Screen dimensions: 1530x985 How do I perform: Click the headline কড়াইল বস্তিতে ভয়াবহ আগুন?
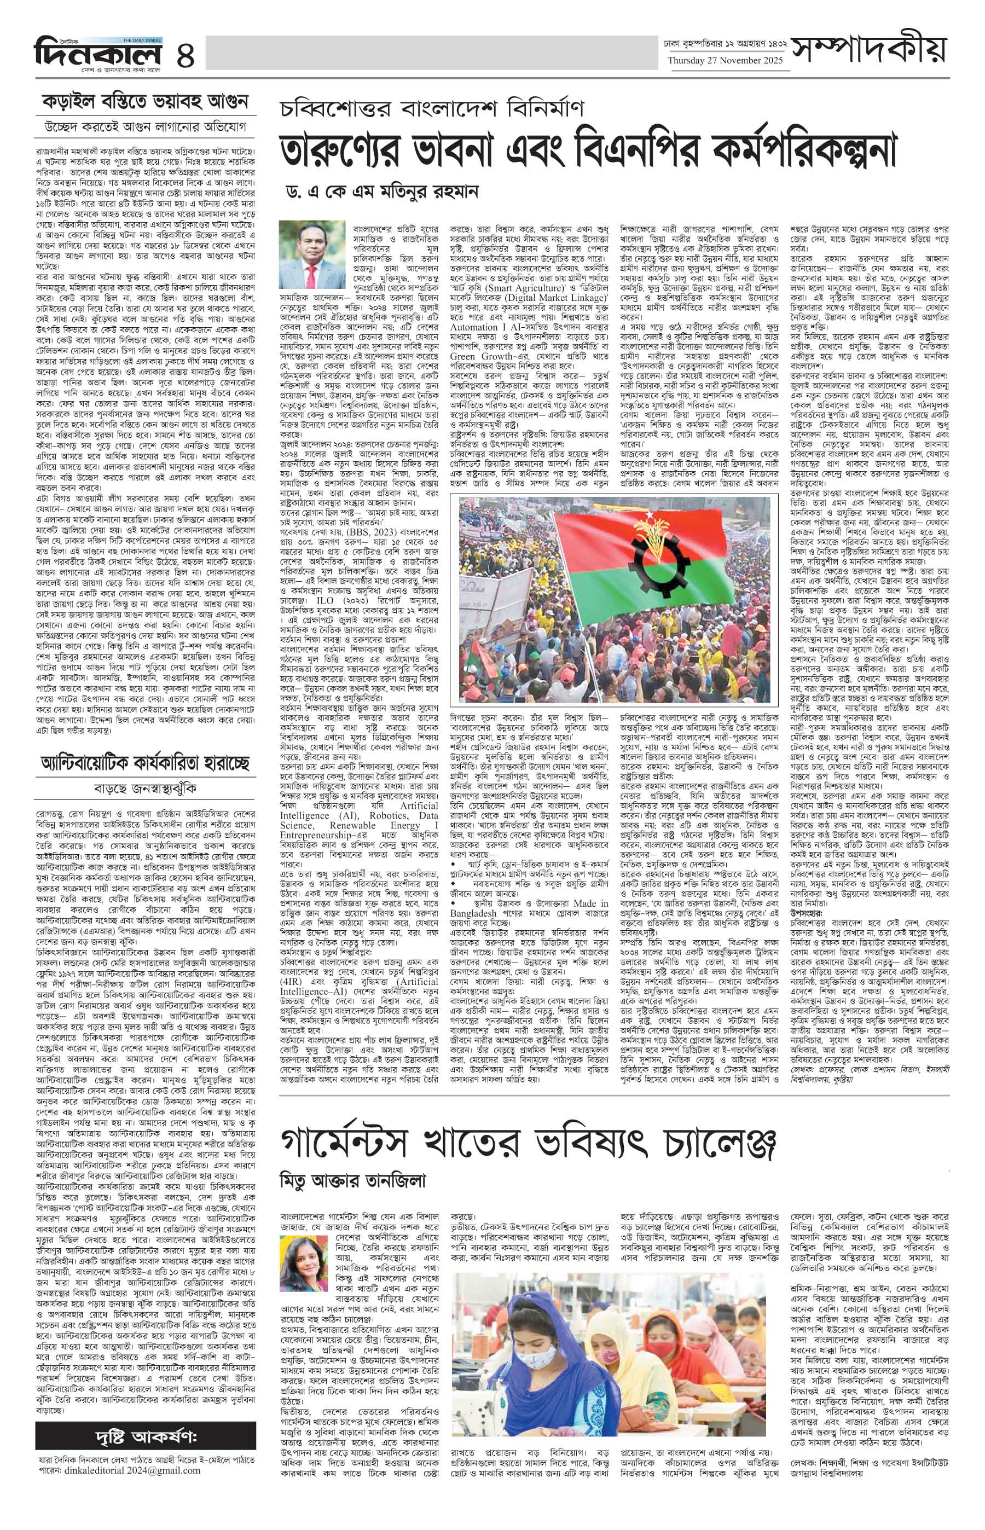coord(144,102)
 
